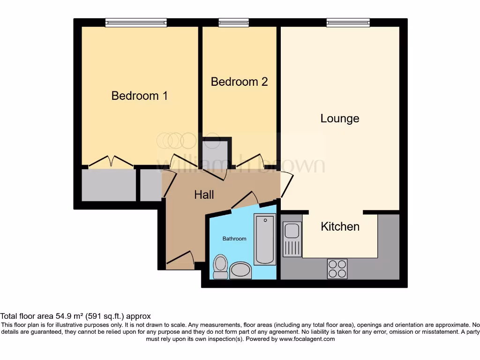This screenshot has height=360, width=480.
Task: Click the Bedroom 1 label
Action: (x=139, y=96)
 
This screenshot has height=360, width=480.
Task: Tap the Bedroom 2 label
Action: (x=239, y=82)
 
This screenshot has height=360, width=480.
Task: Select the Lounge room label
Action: (x=340, y=119)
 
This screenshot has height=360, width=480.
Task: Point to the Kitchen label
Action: (x=340, y=226)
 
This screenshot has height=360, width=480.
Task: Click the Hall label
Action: (x=204, y=195)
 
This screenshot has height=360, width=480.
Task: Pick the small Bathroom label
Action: (x=234, y=239)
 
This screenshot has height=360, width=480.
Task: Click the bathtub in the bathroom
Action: (x=265, y=239)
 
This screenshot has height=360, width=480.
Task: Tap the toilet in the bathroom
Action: (x=220, y=266)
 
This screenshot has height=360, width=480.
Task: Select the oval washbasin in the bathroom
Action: (x=241, y=270)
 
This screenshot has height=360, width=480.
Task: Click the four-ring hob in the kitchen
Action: (x=337, y=269)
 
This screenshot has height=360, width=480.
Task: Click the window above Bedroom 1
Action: (x=136, y=22)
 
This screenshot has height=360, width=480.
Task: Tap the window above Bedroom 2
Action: (x=233, y=22)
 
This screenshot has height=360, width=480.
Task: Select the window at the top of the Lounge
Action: (x=348, y=22)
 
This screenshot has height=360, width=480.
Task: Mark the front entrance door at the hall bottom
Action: (x=181, y=259)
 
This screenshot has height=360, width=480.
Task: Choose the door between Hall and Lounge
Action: (x=286, y=184)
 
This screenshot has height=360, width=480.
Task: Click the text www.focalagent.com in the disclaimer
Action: (x=307, y=339)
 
